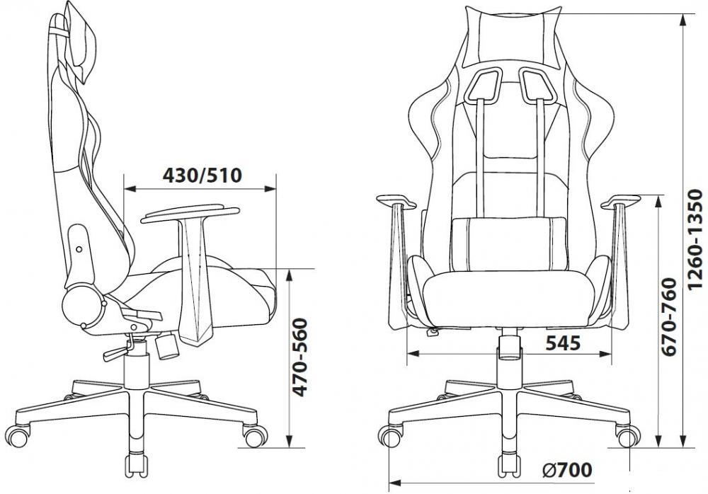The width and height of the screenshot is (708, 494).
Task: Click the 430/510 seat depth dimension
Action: click(202, 176)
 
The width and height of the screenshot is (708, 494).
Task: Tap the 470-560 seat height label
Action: click(299, 357)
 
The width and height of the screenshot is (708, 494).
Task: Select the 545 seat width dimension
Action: click(563, 343)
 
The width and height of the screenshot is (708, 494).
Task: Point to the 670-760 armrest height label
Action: click(668, 317)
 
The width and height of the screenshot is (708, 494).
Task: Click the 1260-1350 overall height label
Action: click(695, 239)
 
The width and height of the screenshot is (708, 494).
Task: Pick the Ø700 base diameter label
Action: click(567, 471)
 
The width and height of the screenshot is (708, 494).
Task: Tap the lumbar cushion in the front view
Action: click(509, 244)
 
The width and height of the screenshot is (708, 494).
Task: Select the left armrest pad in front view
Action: click(396, 201)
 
